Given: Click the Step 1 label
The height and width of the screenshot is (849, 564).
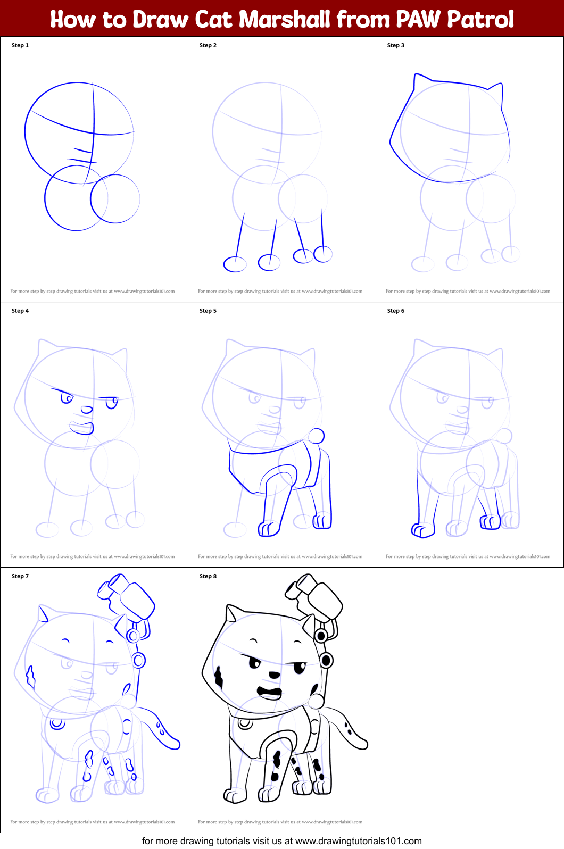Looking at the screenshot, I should coord(20,45).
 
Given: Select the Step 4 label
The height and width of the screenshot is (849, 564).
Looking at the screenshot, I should coord(20,311).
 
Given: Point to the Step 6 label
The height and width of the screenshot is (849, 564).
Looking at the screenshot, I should coord(395,311).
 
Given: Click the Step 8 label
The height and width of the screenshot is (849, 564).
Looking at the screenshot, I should coord(208,576).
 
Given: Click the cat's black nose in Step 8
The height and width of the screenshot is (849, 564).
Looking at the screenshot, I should coord(274,675).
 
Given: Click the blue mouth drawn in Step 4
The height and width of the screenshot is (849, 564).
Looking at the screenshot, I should coord(82,427).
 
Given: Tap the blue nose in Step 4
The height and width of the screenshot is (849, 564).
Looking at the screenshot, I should coord(86,410).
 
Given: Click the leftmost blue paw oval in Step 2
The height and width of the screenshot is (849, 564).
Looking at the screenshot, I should coord(235,264).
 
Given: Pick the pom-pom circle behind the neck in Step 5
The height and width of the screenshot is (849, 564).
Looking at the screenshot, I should coord(316,436).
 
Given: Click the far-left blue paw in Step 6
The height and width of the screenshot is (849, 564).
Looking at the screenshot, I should coord(422,530).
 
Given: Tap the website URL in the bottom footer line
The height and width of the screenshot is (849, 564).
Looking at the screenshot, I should coord(358,841).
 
